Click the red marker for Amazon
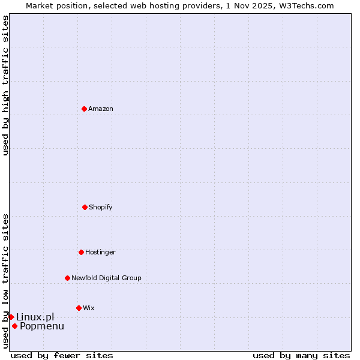pos(84,109)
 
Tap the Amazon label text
pos(101,109)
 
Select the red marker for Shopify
pos(85,207)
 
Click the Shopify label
pos(101,207)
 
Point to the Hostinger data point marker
pos(81,252)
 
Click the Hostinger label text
pos(100,252)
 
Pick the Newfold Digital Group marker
pos(67,278)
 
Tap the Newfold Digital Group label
pos(106,278)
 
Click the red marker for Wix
pos(79,308)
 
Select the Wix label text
pos(89,308)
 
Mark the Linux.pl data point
pos(11,317)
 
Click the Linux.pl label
pos(35,317)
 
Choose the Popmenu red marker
pos(14,326)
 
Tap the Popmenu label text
pos(42,326)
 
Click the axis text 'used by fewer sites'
pos(62,355)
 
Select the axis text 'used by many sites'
pos(301,355)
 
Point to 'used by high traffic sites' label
pos(5,85)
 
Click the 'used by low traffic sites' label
pos(5,281)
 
